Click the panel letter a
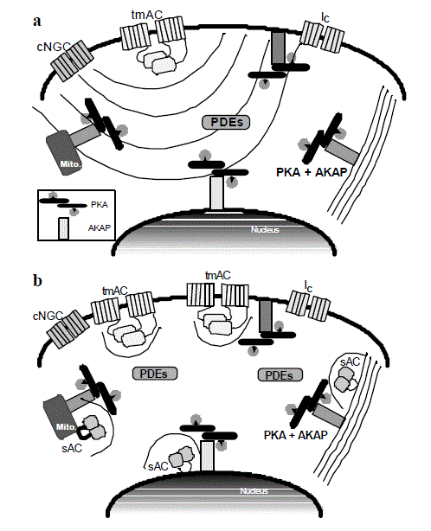[37, 22]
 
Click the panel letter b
[37, 281]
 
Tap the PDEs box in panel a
[226, 122]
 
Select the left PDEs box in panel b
[155, 374]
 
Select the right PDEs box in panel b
[280, 374]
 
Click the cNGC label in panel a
[53, 47]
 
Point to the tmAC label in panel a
[147, 15]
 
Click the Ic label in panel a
[325, 17]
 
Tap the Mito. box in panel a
[65, 152]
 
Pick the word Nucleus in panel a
[265, 229]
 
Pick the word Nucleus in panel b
[254, 490]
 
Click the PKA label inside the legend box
[100, 205]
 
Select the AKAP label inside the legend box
[100, 228]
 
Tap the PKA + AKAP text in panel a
[312, 172]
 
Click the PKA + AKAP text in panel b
[296, 435]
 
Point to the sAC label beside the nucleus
[158, 466]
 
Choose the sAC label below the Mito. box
[72, 448]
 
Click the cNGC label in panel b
[48, 317]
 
